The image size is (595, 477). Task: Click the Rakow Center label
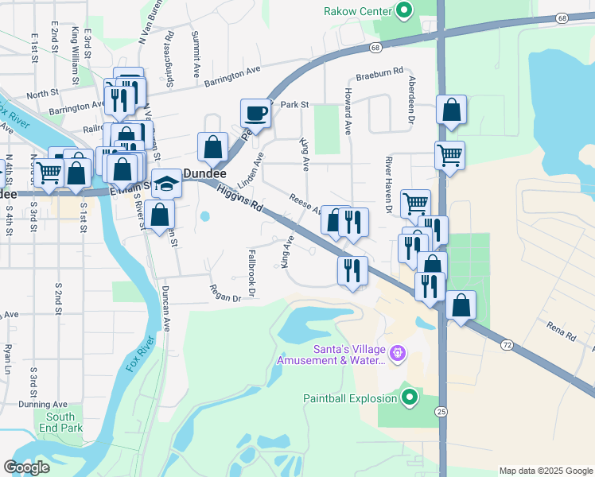click(358, 11)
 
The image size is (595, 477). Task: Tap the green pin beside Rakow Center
click(403, 10)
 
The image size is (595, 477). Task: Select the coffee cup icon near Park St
click(256, 113)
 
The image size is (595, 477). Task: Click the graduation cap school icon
click(167, 185)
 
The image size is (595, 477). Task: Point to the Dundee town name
click(205, 173)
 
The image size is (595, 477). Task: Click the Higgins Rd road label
click(239, 199)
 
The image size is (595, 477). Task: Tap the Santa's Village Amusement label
click(330, 355)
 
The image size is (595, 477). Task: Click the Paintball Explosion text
click(349, 398)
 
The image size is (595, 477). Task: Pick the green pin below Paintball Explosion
click(410, 396)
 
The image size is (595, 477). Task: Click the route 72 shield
click(507, 345)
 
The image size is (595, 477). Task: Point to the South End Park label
click(60, 422)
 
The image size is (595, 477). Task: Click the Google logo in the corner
click(26, 467)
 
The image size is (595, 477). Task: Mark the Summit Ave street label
click(196, 54)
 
